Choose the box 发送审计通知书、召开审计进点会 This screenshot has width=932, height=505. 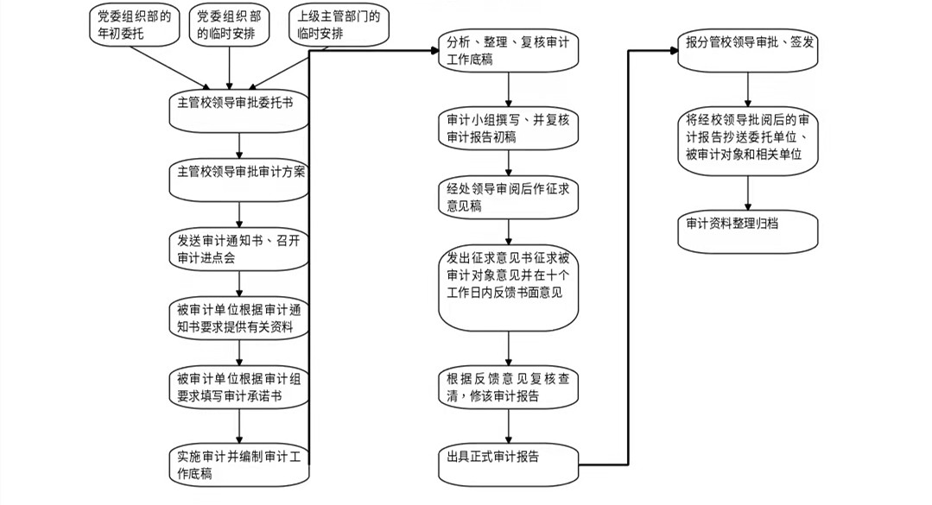[237, 249]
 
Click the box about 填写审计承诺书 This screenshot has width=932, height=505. [237, 389]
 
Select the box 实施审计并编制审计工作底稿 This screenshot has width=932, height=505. [237, 464]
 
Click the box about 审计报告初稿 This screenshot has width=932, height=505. [508, 128]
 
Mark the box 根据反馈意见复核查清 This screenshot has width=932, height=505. [508, 388]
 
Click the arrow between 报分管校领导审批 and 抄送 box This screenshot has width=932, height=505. [748, 91]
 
